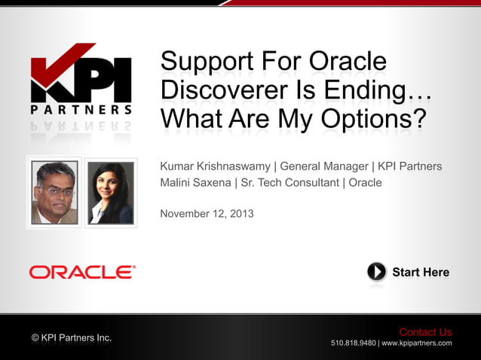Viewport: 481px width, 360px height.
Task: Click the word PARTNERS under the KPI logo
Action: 81,110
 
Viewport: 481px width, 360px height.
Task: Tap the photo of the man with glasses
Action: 54,192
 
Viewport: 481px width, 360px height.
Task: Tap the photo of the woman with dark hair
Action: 111,192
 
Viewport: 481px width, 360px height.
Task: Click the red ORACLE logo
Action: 82,272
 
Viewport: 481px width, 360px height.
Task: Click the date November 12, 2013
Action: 207,214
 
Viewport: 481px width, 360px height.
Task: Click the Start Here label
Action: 420,272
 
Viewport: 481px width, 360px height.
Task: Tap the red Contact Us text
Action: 425,332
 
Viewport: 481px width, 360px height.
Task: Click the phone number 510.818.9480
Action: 353,343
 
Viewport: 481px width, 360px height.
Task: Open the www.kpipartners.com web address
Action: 417,343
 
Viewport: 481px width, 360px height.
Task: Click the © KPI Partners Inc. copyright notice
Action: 72,337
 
